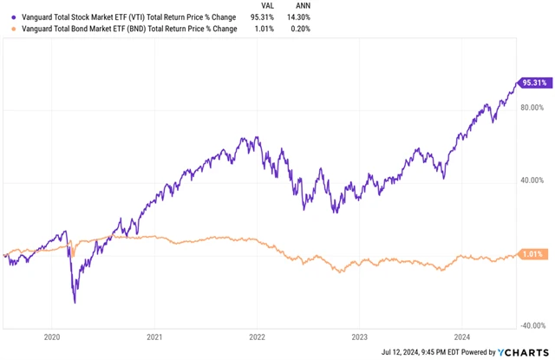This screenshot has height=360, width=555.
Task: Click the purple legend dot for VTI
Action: click(x=8, y=16)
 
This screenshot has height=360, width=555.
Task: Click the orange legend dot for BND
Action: click(x=8, y=28)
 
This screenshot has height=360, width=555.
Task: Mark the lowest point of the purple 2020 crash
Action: click(x=75, y=303)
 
